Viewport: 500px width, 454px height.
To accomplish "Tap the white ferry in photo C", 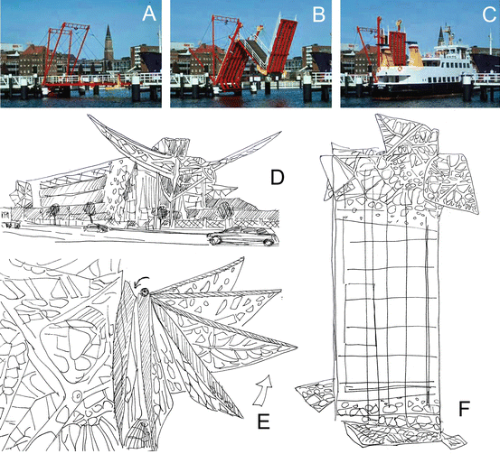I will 425,86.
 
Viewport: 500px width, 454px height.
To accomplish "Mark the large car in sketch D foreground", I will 243,238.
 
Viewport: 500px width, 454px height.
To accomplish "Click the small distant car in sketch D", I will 94,227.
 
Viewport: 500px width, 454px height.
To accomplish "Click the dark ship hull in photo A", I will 152,61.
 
